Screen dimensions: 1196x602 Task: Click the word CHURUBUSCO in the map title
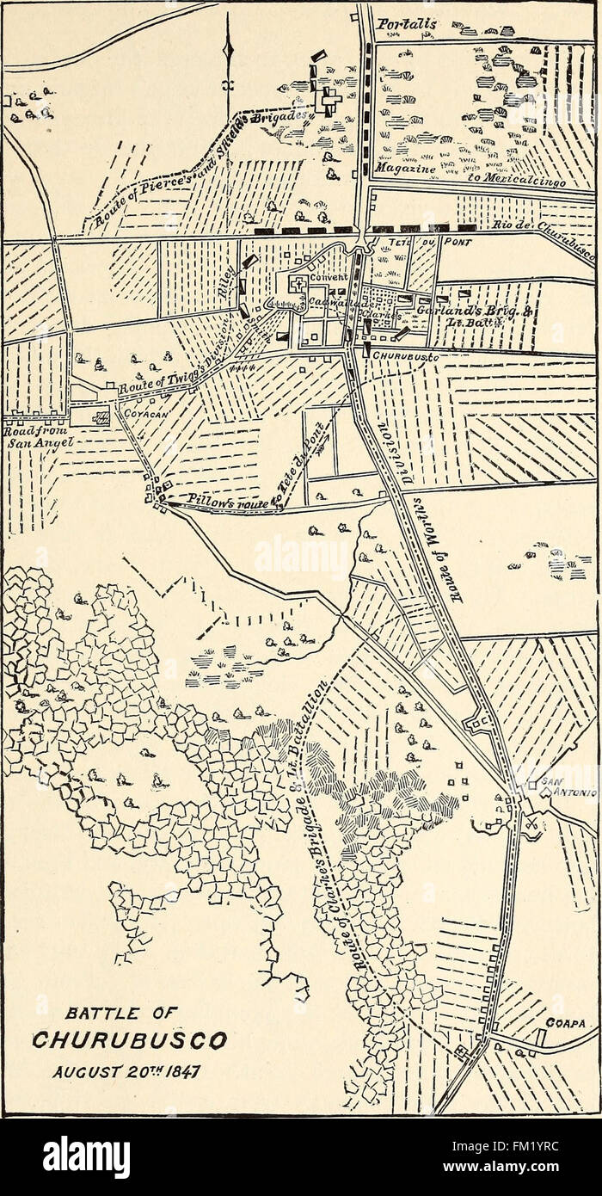point(129,1041)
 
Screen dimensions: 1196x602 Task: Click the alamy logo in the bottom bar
point(87,1156)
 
